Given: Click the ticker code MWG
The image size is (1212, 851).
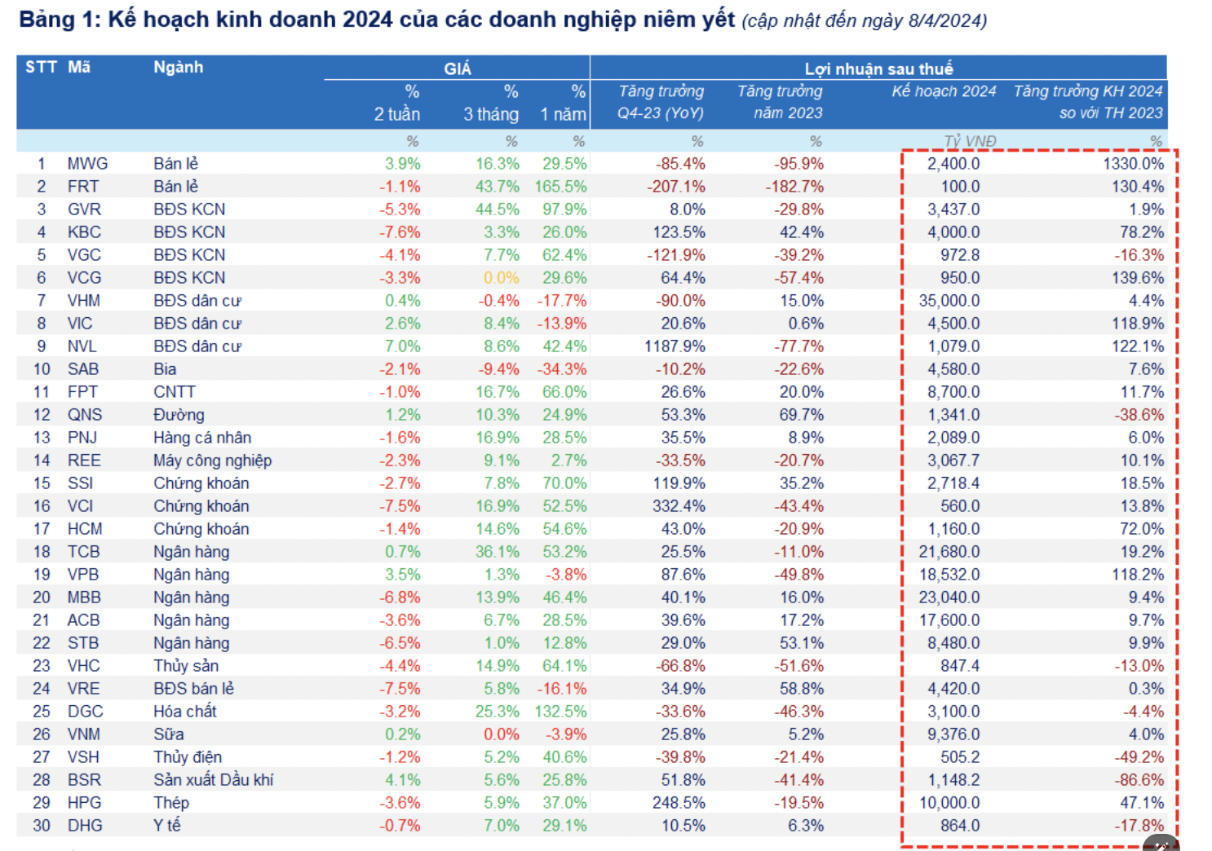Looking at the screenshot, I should [87, 164].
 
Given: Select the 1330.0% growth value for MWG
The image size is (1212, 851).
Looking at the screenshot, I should [1133, 164].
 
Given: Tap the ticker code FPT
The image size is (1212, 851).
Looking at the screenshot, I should [82, 392].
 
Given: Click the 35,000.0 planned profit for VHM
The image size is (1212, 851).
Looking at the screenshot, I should [949, 301].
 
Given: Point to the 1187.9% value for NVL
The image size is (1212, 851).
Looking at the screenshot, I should [675, 346].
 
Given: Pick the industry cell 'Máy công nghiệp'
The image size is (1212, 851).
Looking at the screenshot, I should [212, 461].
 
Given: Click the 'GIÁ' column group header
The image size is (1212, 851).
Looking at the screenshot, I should [457, 68].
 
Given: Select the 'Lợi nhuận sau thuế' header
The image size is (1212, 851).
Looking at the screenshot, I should [878, 68].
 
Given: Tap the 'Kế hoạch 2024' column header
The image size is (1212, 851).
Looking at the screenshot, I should [944, 91].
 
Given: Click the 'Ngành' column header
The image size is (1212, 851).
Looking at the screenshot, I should [178, 67].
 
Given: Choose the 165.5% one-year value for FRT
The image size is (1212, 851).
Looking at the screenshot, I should [561, 187].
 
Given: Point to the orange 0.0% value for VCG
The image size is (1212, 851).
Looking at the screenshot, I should [501, 278].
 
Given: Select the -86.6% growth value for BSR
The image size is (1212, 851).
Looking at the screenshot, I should [1139, 780].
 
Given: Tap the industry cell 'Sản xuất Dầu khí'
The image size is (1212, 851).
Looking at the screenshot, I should [213, 780].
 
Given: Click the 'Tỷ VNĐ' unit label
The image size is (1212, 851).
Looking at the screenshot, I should [970, 141].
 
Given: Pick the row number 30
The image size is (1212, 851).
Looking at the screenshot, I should [42, 826].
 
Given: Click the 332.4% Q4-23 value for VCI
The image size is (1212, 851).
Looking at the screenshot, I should [679, 506].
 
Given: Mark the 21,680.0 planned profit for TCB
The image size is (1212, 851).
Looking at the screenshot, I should [949, 552].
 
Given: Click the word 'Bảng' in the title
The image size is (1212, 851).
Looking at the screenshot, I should [46, 19].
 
